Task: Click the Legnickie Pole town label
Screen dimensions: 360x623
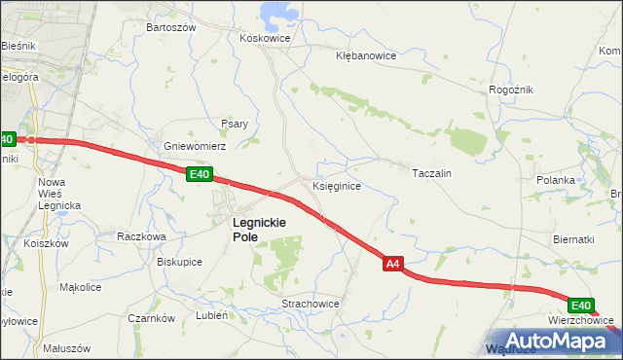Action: pos(258,229)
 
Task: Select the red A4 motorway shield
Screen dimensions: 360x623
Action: pos(392,263)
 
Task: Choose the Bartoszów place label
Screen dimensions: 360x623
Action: pos(170,27)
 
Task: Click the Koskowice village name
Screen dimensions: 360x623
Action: pos(266,38)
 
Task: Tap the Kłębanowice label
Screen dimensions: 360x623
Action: pos(365,55)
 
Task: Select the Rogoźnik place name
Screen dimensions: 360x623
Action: pos(512,90)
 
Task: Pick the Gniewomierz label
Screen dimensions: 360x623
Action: pos(195,145)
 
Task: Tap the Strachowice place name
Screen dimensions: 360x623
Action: pos(311,304)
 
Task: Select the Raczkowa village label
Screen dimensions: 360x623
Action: pos(142,235)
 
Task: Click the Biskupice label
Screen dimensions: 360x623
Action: pos(179,262)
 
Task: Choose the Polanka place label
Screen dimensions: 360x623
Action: pos(556,180)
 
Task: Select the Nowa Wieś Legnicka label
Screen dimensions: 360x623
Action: pos(58,193)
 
